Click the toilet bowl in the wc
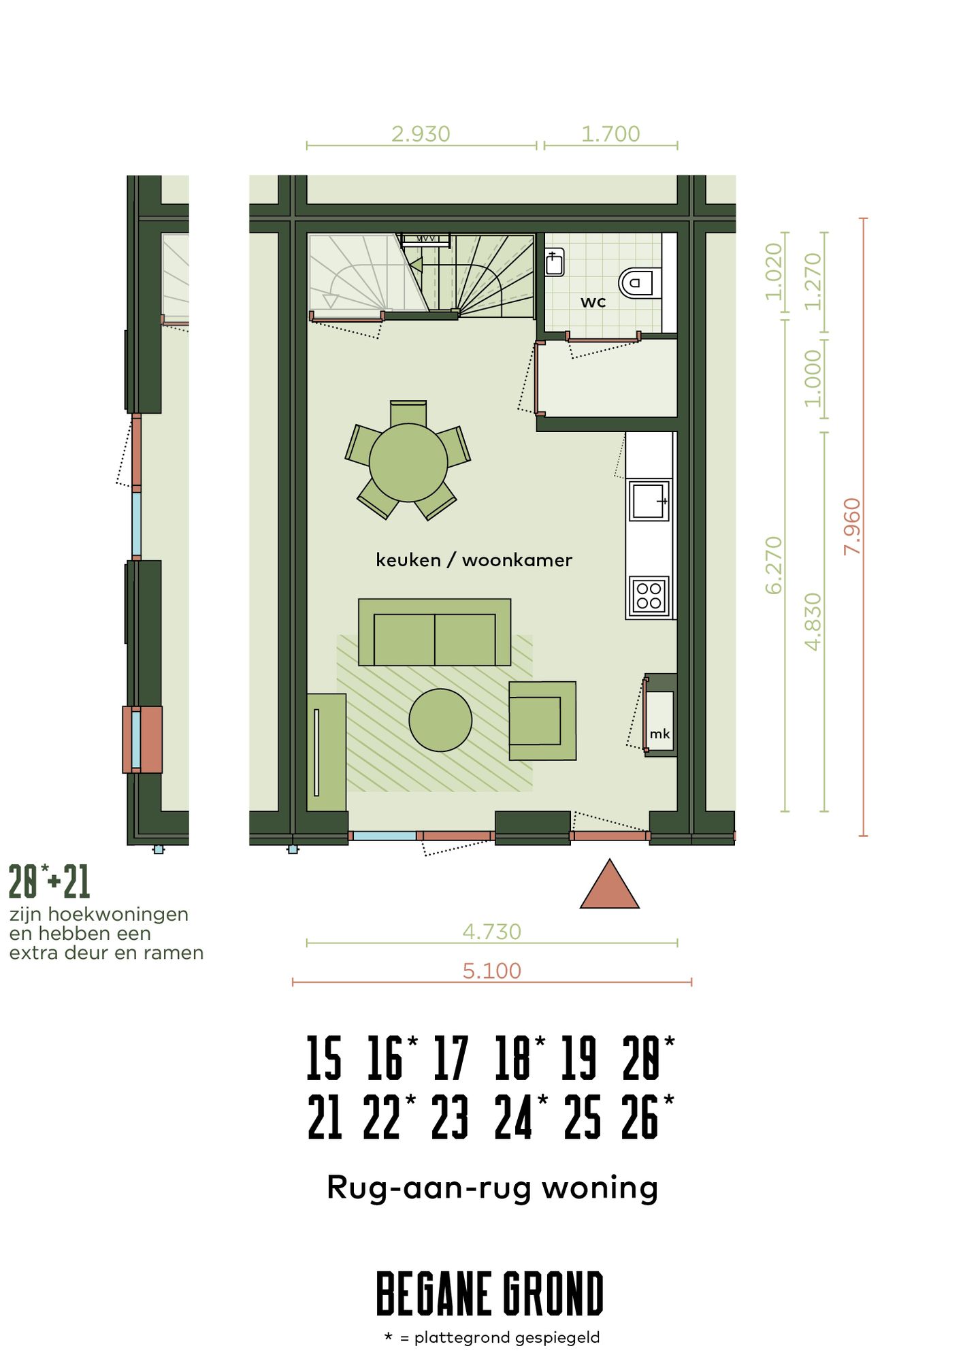point(638,282)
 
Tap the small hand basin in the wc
point(555,262)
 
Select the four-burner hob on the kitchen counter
point(649,596)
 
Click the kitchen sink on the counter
point(649,501)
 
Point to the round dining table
point(408,463)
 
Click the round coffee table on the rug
point(440,720)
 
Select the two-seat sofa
point(434,633)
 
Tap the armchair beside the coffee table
point(542,721)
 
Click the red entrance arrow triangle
point(610,887)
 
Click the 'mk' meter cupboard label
point(659,734)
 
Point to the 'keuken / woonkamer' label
point(474,560)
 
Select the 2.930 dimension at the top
point(421,134)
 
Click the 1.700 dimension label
point(610,134)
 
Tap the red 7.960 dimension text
point(852,526)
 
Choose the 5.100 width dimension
point(491,970)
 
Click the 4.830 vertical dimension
point(813,621)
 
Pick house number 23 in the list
point(450,1117)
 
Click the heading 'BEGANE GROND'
point(490,1293)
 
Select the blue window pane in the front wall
point(385,836)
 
